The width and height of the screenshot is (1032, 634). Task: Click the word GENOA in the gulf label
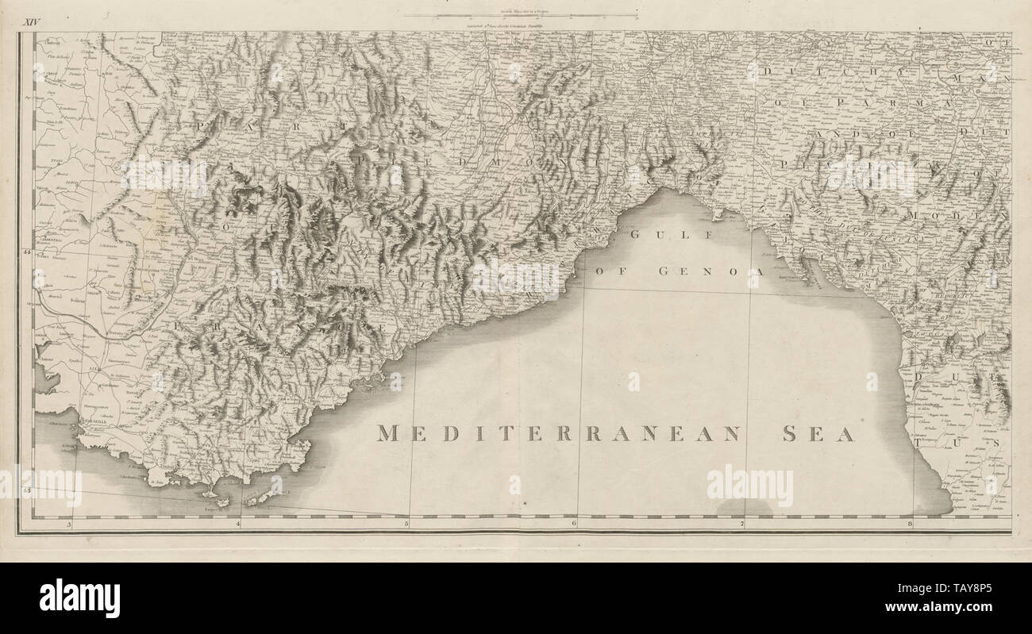click(714, 271)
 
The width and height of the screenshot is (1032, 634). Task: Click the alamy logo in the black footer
click(79, 597)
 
